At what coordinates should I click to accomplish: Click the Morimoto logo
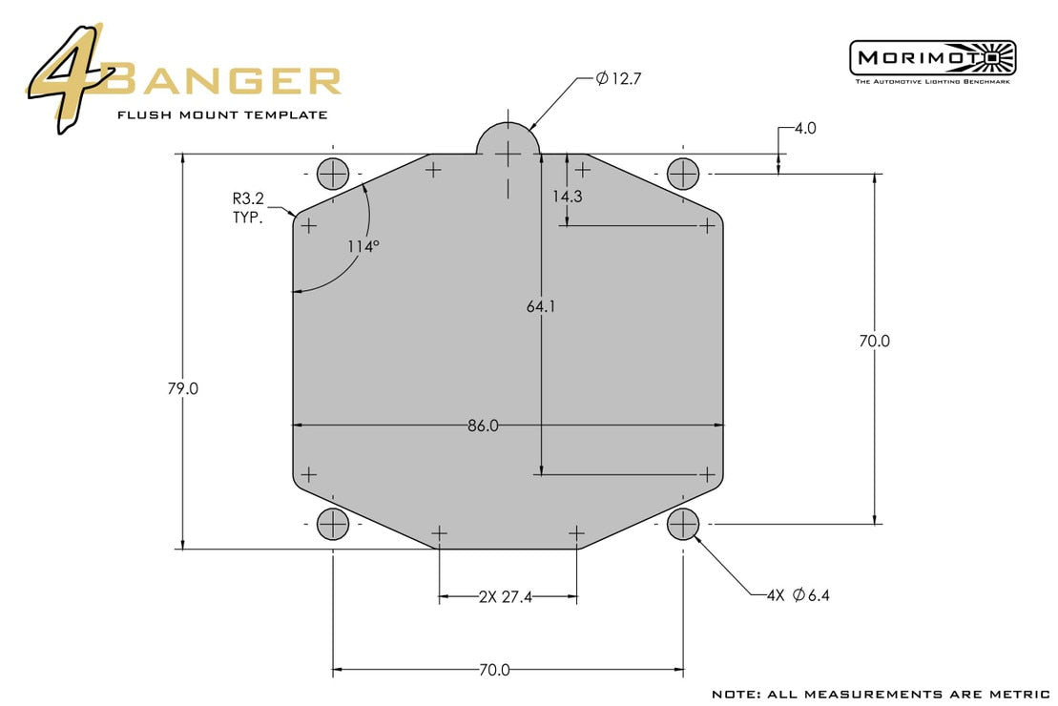tap(932, 59)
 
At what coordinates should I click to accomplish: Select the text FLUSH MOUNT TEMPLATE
tap(222, 114)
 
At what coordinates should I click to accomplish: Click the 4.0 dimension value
tap(804, 128)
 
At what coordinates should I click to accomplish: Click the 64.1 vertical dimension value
tap(541, 306)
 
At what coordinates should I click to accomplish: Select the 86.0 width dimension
tap(483, 426)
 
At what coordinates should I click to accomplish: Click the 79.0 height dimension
tap(181, 389)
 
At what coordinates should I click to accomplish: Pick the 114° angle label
tap(363, 246)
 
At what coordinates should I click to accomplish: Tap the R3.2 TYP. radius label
tap(251, 208)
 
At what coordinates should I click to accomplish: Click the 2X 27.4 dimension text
tap(506, 597)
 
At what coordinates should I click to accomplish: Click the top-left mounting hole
tap(333, 174)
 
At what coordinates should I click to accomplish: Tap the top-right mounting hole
tap(683, 174)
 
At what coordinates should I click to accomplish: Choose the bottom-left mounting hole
tap(333, 523)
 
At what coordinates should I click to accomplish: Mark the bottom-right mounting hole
tap(683, 523)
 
